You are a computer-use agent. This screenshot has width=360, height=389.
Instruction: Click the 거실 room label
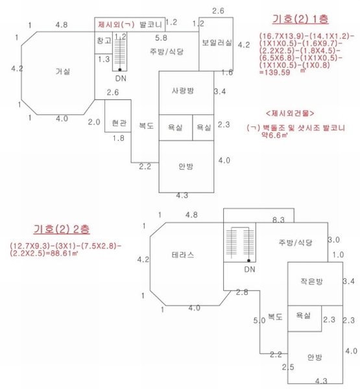[62, 72]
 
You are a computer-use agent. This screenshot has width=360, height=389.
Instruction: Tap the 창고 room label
[103, 40]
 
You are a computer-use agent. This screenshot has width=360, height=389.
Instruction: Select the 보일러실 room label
[217, 42]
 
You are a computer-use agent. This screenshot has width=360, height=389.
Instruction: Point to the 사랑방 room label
[183, 91]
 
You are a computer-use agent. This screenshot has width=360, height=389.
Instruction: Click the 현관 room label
[119, 123]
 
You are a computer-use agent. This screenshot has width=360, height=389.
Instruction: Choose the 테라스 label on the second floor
[183, 255]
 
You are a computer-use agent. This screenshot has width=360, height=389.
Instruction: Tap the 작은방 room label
[311, 281]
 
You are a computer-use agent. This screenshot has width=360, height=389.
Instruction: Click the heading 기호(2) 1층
[300, 19]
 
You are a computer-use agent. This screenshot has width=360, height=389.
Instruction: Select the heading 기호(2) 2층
[62, 229]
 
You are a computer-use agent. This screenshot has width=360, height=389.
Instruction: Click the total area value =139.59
[274, 73]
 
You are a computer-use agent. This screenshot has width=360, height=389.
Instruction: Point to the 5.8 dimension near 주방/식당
[161, 38]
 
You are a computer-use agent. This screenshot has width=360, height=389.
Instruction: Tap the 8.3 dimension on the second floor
[278, 220]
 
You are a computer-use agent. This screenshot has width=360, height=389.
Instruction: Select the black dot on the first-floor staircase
[119, 70]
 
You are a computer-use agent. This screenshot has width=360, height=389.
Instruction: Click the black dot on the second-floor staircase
[248, 261]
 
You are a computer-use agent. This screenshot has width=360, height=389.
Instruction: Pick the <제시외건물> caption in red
[290, 113]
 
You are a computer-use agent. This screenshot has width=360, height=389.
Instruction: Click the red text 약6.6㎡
[274, 136]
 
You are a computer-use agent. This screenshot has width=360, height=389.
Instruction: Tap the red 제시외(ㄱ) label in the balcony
[116, 25]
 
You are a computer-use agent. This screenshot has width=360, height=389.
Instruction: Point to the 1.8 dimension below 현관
[118, 138]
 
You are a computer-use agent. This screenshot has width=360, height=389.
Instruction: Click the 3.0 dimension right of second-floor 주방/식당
[333, 240]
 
